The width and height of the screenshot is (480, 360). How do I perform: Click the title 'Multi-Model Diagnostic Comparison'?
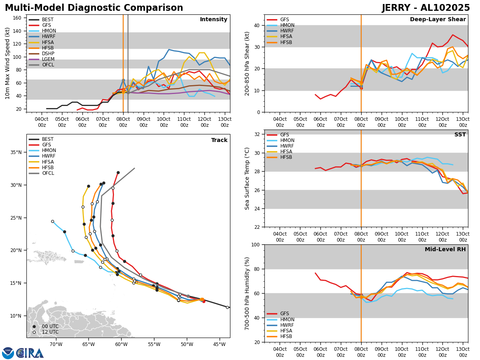(94, 8)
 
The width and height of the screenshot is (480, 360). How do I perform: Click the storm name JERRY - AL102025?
(426, 8)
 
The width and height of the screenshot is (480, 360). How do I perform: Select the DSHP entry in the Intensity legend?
(48, 54)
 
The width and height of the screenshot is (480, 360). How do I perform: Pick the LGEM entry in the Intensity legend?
(48, 59)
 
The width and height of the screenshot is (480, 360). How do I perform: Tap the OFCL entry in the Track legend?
(48, 173)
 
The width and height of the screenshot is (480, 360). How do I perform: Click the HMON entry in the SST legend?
(287, 140)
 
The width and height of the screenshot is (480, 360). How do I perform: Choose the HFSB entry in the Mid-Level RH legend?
(286, 336)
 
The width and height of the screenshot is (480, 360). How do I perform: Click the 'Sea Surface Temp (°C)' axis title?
(247, 178)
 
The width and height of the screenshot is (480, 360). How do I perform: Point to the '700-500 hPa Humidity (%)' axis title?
(247, 293)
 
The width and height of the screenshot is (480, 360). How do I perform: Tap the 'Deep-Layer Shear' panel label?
(438, 20)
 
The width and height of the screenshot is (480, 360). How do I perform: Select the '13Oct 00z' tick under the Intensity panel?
(224, 122)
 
